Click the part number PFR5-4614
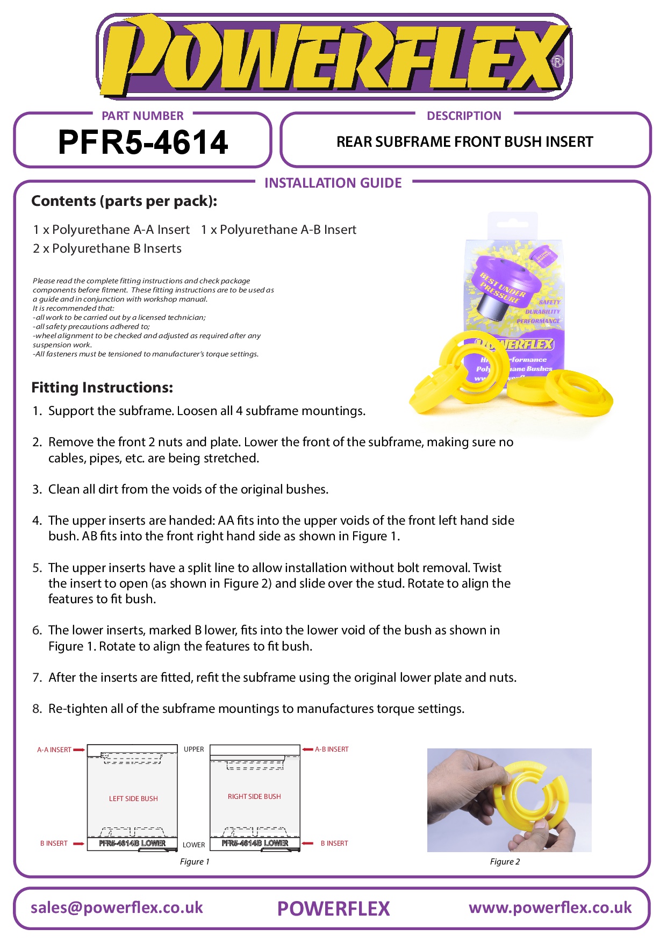(143, 142)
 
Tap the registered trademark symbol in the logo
(557, 62)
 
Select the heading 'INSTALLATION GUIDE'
(333, 183)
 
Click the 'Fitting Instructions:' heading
(102, 387)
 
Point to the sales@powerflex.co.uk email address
(117, 908)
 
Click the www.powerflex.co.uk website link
(550, 908)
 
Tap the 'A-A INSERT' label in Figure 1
(54, 749)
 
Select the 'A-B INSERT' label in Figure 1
(332, 749)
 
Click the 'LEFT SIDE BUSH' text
(133, 798)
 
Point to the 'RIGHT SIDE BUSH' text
(254, 796)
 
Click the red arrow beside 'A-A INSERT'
(79, 749)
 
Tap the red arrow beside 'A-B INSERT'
(307, 749)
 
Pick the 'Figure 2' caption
(505, 861)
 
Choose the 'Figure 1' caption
(195, 861)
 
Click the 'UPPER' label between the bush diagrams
(193, 749)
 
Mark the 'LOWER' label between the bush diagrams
(193, 845)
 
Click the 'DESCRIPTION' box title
(464, 116)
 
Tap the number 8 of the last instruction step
(37, 709)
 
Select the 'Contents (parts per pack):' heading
(124, 201)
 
